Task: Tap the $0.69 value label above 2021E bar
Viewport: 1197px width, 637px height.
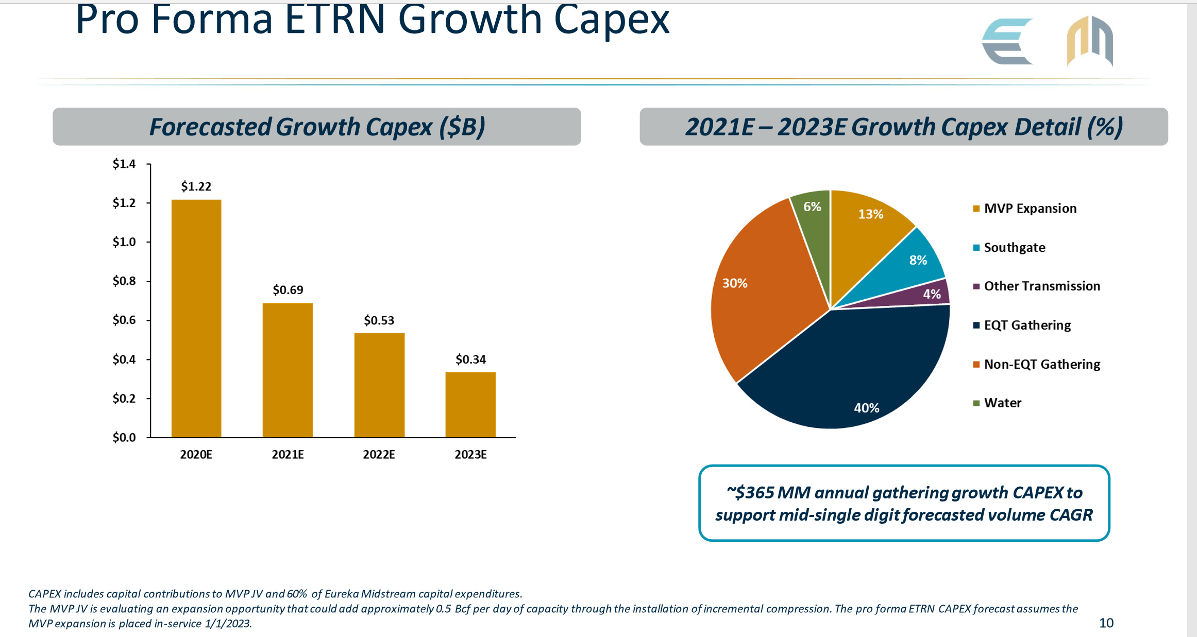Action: (x=288, y=290)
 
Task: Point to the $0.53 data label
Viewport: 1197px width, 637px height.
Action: (x=379, y=320)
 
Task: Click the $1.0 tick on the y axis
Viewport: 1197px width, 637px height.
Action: (x=124, y=242)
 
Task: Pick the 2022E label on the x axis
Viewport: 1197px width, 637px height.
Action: (x=379, y=454)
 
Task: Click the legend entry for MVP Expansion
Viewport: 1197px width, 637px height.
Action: (x=1030, y=209)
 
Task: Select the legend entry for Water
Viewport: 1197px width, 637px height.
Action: (x=1002, y=403)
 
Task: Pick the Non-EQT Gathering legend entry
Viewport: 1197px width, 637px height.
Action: (x=1041, y=364)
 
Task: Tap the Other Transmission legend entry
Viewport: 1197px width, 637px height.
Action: (x=1041, y=286)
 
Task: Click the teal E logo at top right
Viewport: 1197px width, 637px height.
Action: (x=1007, y=41)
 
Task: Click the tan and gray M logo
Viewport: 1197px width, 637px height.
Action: (x=1089, y=41)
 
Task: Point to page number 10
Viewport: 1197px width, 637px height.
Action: (x=1106, y=623)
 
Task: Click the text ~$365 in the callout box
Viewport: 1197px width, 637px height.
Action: (x=750, y=493)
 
